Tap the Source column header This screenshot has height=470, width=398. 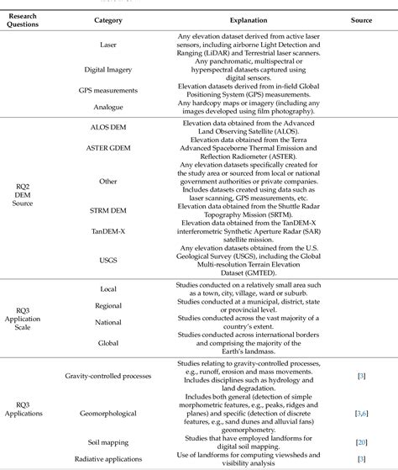[x=363, y=19]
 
